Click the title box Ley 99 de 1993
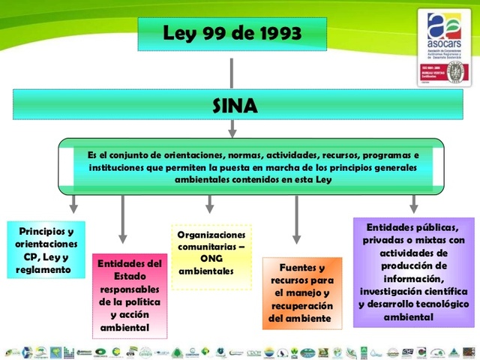coord(232,34)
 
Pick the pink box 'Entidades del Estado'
coord(130,295)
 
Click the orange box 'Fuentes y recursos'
coord(301,293)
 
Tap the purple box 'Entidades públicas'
coord(413,272)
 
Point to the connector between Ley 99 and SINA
coord(232,70)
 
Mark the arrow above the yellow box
coord(210,202)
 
